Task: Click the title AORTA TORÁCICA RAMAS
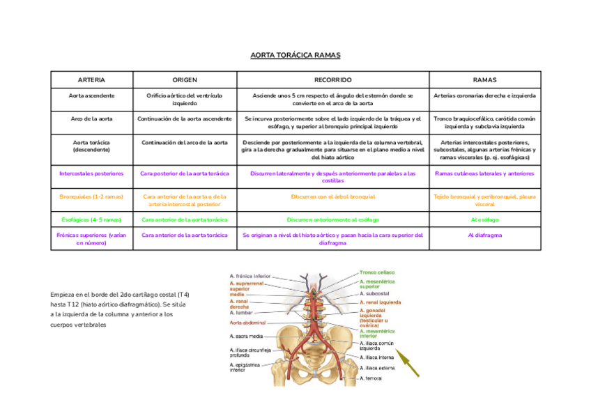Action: click(295, 55)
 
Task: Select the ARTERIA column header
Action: click(91, 80)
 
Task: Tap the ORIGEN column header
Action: click(185, 80)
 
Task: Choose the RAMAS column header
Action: click(484, 80)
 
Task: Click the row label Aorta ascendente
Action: click(91, 95)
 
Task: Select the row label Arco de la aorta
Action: click(91, 119)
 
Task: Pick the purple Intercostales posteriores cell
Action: click(91, 173)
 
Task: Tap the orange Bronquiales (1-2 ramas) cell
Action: click(91, 196)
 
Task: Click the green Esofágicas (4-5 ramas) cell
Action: click(91, 219)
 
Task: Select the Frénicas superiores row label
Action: click(91, 239)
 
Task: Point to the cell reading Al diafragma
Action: click(484, 235)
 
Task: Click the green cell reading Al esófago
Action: click(484, 219)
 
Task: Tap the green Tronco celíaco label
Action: click(377, 272)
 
